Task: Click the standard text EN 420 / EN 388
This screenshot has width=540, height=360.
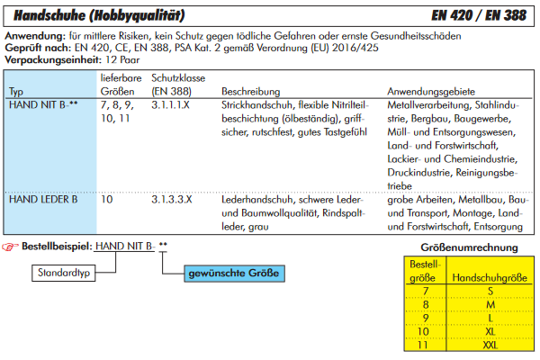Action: (x=479, y=14)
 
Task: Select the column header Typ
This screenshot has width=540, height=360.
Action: (x=16, y=92)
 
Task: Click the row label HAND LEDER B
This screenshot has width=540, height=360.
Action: (x=42, y=199)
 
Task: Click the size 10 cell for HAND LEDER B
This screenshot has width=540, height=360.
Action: (x=106, y=199)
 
